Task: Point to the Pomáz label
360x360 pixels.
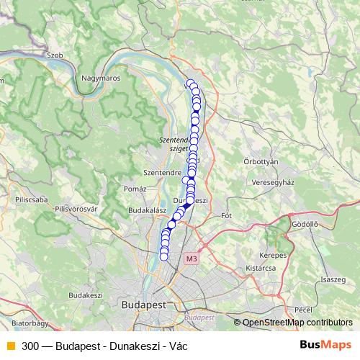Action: [x=135, y=188]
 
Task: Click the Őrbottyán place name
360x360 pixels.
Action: [x=261, y=162]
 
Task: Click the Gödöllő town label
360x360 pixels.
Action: [x=305, y=224]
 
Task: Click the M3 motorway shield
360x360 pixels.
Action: [x=191, y=258]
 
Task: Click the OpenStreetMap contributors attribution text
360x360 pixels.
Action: [x=297, y=322]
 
